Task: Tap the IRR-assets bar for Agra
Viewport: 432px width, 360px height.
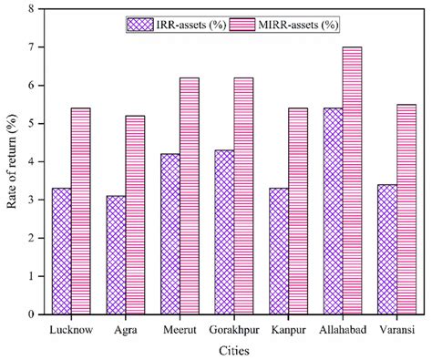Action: click(115, 254)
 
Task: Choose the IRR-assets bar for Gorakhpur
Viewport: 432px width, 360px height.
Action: click(224, 231)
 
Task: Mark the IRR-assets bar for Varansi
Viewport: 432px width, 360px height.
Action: click(387, 249)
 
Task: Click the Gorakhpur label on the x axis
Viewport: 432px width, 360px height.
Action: click(233, 327)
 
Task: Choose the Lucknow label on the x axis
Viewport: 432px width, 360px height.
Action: click(70, 327)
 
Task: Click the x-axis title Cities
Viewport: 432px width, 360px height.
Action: click(232, 348)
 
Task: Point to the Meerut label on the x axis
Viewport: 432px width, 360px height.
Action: click(180, 327)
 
